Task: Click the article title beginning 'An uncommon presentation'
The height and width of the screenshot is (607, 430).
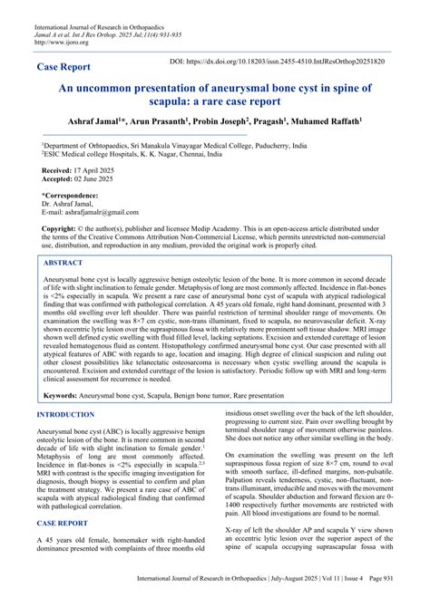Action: click(215, 98)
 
